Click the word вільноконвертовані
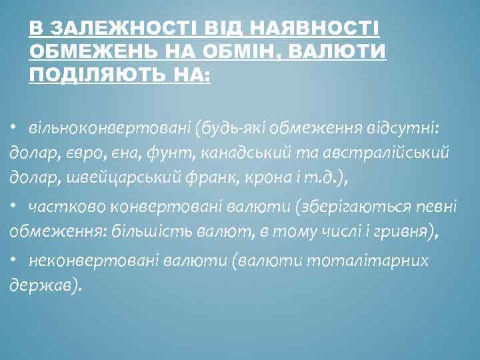click(95, 127)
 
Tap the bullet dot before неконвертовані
click(13, 260)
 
